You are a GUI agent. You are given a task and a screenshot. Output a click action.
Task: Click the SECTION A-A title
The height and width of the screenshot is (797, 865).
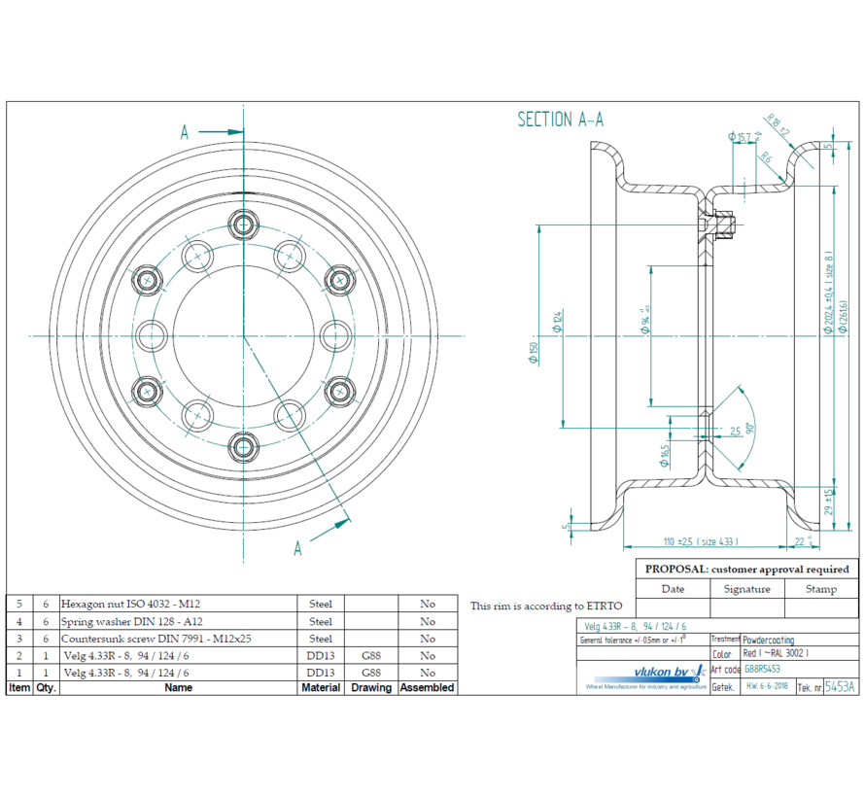pos(560,120)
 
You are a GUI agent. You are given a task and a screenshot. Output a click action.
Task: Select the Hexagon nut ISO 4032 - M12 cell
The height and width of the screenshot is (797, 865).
pos(131,604)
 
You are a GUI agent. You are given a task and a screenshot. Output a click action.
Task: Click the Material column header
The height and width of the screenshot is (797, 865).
pos(321,687)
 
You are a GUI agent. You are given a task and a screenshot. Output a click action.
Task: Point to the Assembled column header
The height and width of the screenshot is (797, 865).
pos(427,687)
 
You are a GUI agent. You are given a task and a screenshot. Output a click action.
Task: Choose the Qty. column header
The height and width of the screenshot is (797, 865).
pos(45,687)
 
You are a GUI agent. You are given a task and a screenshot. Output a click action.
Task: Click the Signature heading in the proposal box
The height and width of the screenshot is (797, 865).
pos(746,589)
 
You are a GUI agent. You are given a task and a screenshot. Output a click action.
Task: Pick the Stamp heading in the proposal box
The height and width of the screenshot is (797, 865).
pos(821,589)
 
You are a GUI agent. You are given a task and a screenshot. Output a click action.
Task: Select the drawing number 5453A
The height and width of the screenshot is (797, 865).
pos(840,686)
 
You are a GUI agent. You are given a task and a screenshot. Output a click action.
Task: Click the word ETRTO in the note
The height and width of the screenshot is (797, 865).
pos(603,606)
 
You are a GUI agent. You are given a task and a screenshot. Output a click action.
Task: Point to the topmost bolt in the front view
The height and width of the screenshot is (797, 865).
pos(243,223)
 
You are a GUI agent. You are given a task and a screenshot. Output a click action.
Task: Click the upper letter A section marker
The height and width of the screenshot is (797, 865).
pos(185,133)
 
